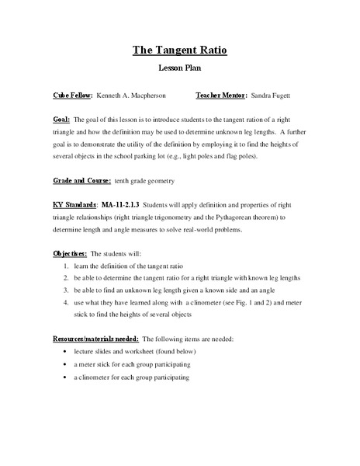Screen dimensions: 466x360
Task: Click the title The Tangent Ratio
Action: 179,51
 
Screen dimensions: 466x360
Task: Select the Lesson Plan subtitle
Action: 179,69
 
